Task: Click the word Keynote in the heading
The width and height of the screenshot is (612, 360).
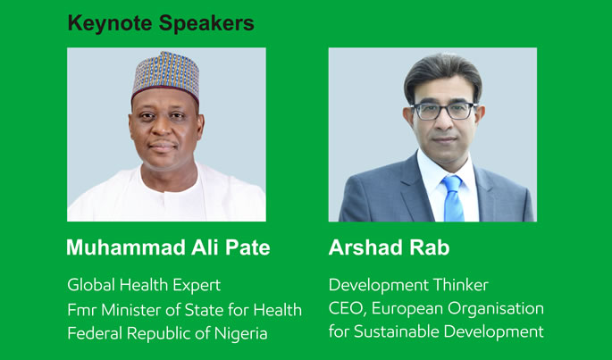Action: [110, 23]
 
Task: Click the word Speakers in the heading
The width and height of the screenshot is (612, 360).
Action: [207, 24]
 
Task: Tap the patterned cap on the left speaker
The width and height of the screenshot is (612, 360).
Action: [165, 75]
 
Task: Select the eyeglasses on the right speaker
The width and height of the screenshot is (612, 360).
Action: [444, 111]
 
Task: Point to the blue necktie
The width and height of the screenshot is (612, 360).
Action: [453, 198]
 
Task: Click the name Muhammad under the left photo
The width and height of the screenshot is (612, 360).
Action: [126, 247]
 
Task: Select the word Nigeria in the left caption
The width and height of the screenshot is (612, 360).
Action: [241, 333]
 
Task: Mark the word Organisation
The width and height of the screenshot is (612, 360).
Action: [496, 308]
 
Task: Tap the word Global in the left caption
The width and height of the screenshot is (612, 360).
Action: [92, 285]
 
